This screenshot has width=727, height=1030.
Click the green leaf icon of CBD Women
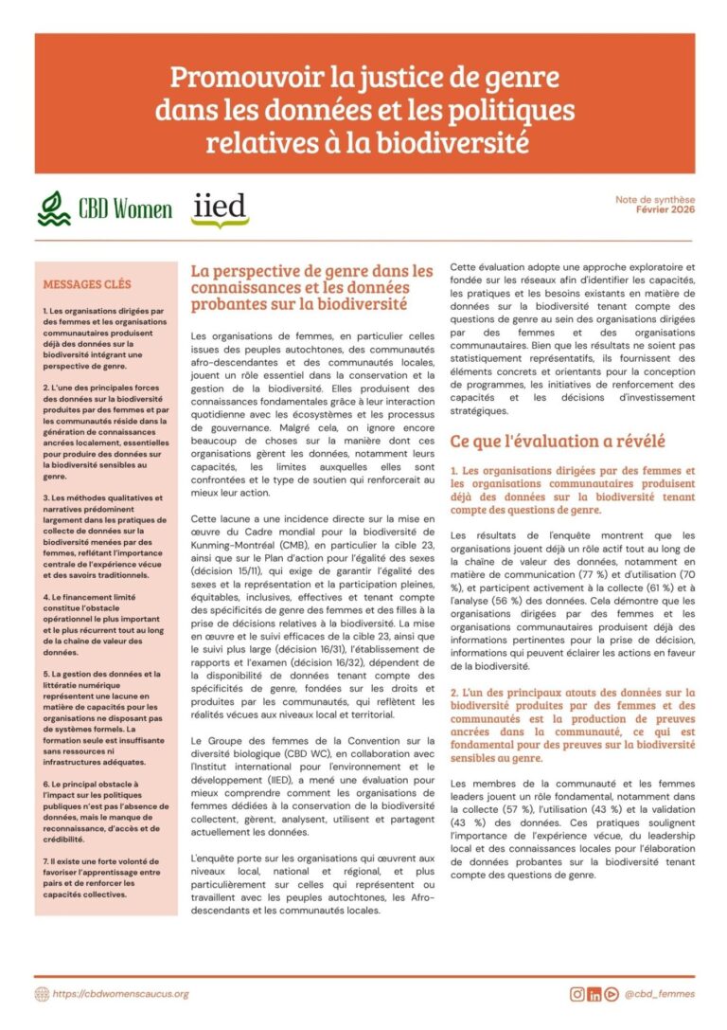click(x=54, y=208)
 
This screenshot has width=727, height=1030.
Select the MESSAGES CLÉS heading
click(x=86, y=283)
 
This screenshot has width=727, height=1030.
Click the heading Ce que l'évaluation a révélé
click(x=558, y=441)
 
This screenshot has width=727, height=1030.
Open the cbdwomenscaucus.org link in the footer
click(x=121, y=994)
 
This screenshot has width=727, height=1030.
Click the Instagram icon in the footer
click(x=576, y=994)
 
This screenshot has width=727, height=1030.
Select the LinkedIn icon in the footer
click(x=594, y=994)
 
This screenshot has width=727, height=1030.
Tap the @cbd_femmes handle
click(x=660, y=994)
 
